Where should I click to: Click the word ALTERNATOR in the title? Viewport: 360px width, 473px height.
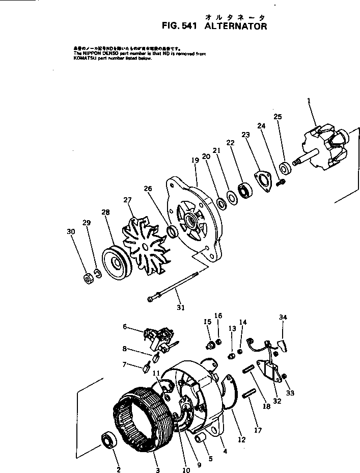point(235,27)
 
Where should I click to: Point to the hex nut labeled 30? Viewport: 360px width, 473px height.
point(87,278)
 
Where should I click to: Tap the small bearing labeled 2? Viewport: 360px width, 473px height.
point(109,439)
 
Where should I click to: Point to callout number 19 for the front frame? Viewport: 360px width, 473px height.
point(195,160)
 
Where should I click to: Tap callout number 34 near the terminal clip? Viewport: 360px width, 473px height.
point(283,317)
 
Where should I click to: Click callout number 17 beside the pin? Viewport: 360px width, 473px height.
point(258,431)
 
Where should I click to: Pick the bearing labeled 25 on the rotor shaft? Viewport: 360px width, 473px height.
point(285,166)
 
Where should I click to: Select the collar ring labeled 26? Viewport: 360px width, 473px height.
point(172,232)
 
